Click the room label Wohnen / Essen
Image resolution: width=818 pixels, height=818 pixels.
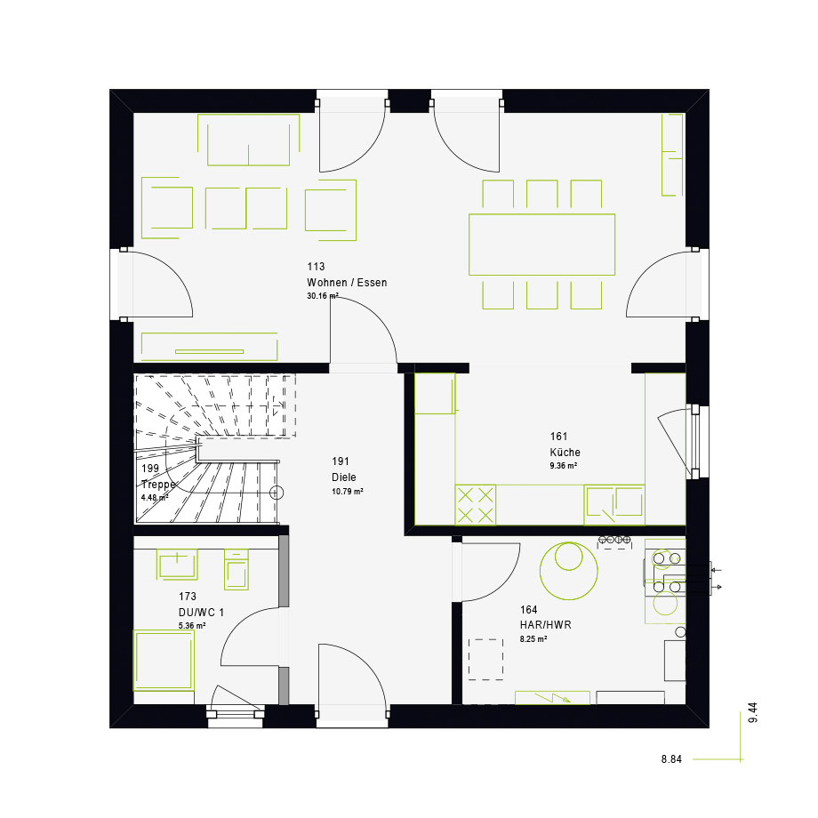[347, 283]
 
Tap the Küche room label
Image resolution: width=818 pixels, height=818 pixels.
[565, 453]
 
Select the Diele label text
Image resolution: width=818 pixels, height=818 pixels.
[344, 477]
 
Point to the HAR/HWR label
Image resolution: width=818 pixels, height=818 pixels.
[546, 625]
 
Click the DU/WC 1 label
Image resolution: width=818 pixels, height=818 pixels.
[201, 613]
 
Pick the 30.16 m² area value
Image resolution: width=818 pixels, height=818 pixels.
[323, 296]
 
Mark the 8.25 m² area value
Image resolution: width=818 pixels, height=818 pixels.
[533, 639]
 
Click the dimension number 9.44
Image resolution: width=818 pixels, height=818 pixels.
[753, 712]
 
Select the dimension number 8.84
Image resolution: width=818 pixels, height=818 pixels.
[671, 759]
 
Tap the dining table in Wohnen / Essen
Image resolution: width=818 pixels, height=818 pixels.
[542, 245]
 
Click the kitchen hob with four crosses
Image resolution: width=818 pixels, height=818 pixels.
[476, 505]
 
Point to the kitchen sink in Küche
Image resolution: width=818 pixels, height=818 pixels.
[614, 505]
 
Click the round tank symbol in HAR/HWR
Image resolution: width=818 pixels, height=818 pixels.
[569, 571]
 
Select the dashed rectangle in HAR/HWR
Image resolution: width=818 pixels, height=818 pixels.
[485, 660]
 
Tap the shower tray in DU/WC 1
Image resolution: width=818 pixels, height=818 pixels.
[164, 661]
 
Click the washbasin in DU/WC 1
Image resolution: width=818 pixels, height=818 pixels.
[177, 565]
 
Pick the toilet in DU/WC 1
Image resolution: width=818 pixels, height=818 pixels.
[237, 570]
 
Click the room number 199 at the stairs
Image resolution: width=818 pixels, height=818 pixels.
[150, 469]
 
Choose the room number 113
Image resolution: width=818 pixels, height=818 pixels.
[316, 267]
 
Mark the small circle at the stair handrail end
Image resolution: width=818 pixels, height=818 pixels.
[277, 493]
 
